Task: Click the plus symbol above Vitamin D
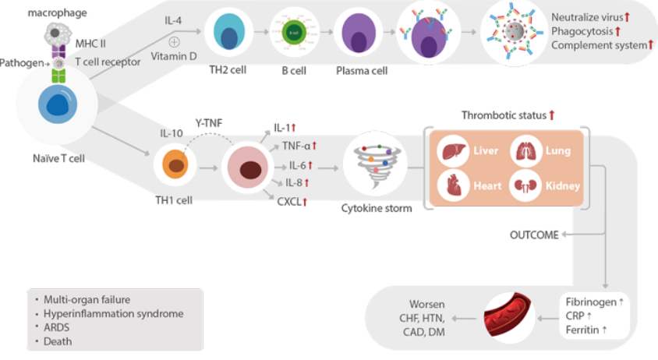175,41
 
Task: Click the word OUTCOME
534,234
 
